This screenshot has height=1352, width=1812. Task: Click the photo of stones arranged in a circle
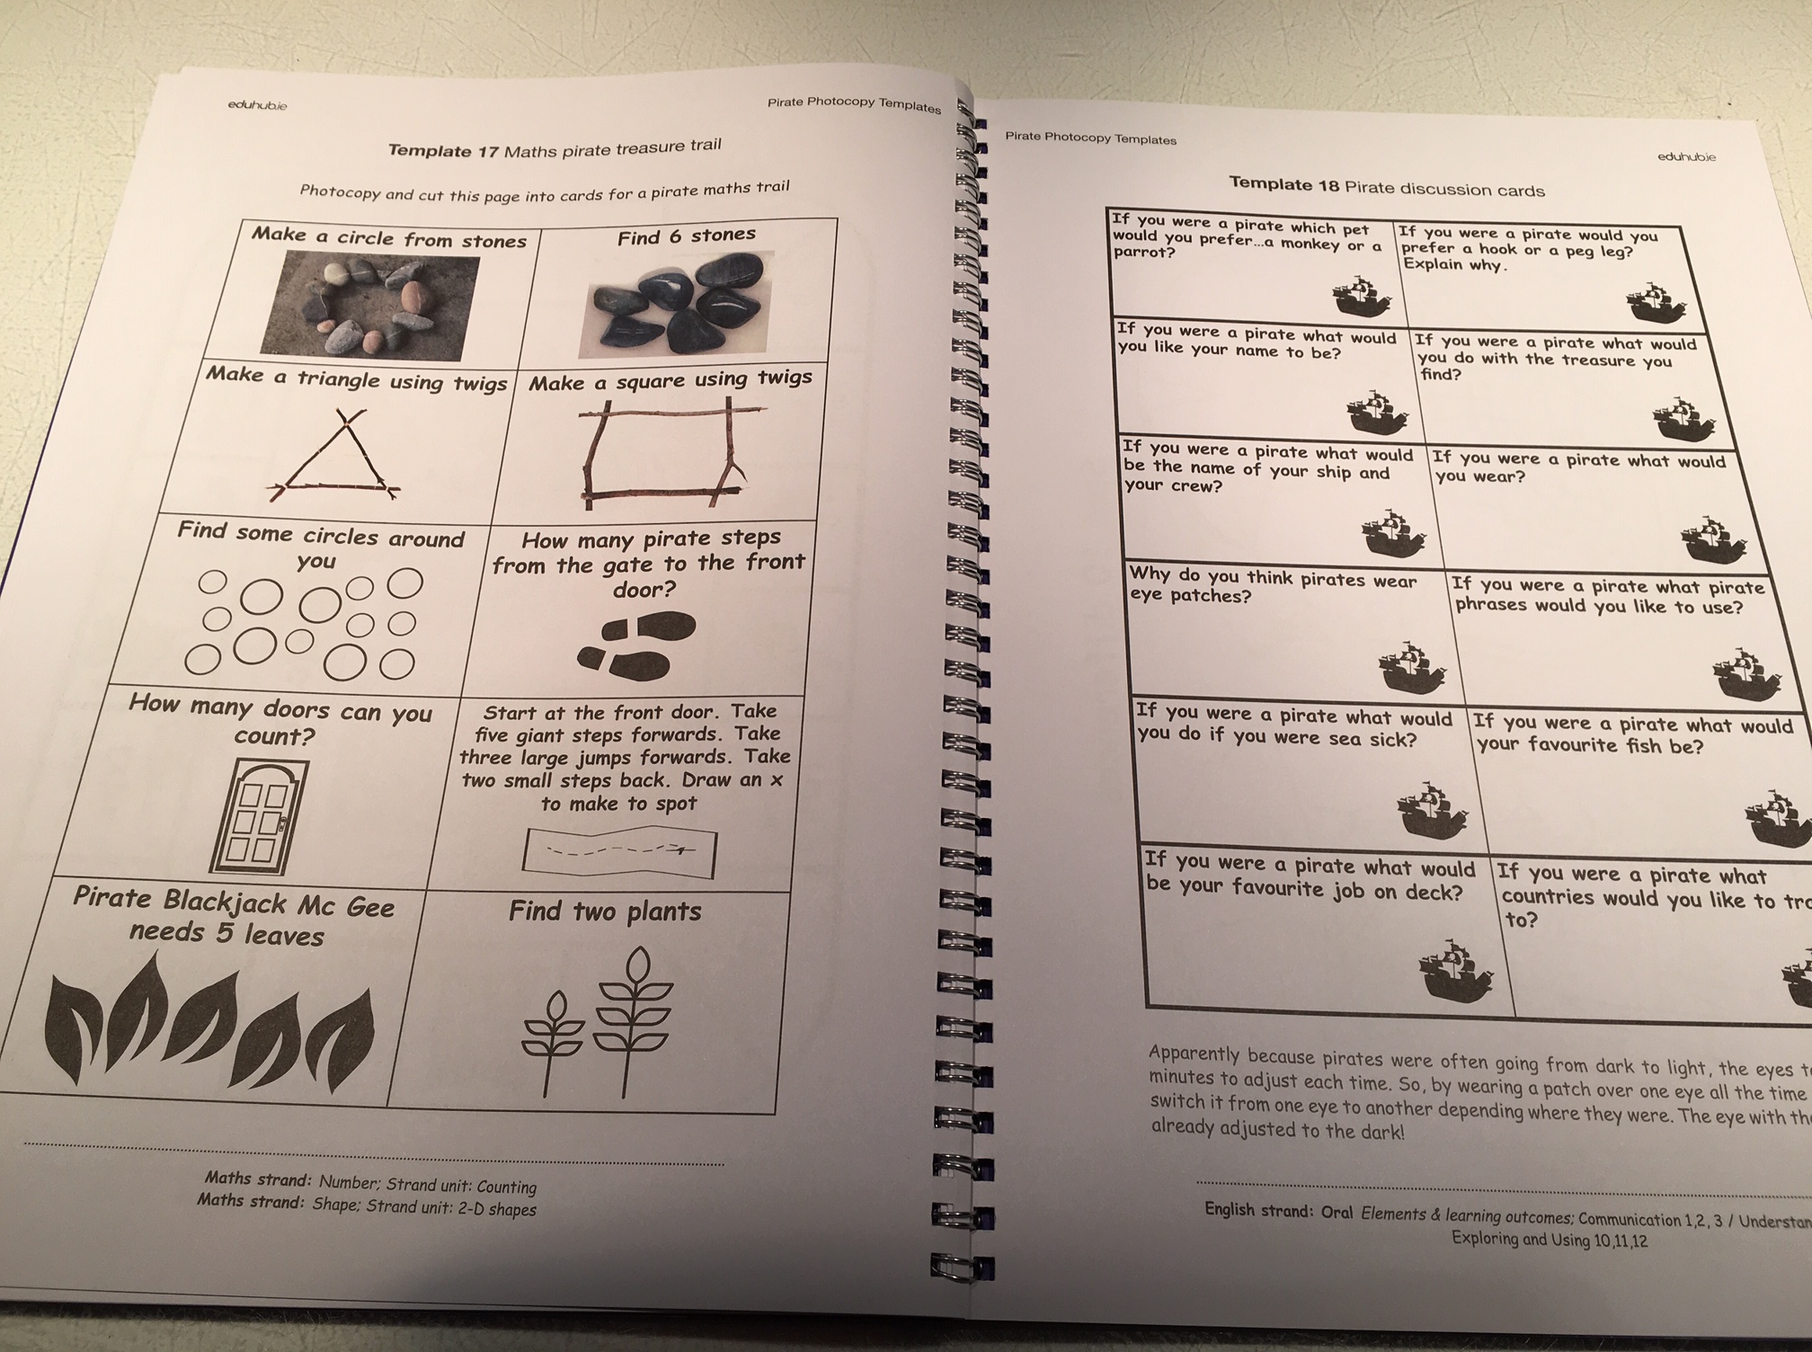click(370, 306)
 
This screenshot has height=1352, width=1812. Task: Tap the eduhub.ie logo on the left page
click(257, 106)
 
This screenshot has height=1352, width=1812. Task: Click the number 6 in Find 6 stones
click(674, 236)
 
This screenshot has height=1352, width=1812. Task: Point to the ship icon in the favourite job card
click(1456, 972)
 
